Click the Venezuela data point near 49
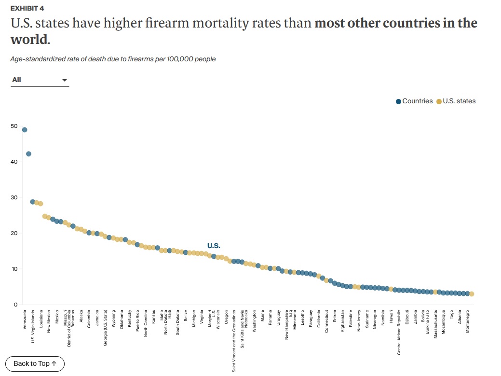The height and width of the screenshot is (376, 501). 25,130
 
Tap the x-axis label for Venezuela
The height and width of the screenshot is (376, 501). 25,320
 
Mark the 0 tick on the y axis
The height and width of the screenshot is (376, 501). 15,305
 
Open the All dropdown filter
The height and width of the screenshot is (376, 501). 40,80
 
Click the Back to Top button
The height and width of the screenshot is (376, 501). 35,363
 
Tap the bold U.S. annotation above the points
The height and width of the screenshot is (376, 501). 214,246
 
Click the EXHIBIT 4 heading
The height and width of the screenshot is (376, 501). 30,9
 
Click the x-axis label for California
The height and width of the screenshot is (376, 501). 319,319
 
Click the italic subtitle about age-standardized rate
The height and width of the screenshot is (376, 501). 113,59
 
